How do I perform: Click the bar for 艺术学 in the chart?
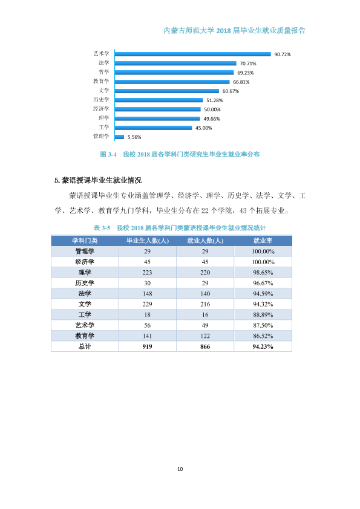193,54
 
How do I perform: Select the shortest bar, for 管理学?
120,137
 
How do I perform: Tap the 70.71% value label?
248,63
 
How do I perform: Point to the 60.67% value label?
231,91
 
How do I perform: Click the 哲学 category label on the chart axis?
104,72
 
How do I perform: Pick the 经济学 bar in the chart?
158,109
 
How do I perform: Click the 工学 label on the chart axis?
104,127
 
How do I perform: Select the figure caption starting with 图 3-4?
180,154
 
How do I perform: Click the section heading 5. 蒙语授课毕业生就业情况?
98,181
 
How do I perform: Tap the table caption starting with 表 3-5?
180,228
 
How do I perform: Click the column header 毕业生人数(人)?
148,241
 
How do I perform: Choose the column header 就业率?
263,241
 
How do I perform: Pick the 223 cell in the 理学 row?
147,273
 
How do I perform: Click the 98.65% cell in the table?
263,273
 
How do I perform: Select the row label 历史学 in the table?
85,283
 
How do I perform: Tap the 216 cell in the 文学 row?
205,304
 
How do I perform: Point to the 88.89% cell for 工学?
263,315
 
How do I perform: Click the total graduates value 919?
147,346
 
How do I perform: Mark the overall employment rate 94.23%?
263,346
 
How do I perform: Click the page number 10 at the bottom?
180,469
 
